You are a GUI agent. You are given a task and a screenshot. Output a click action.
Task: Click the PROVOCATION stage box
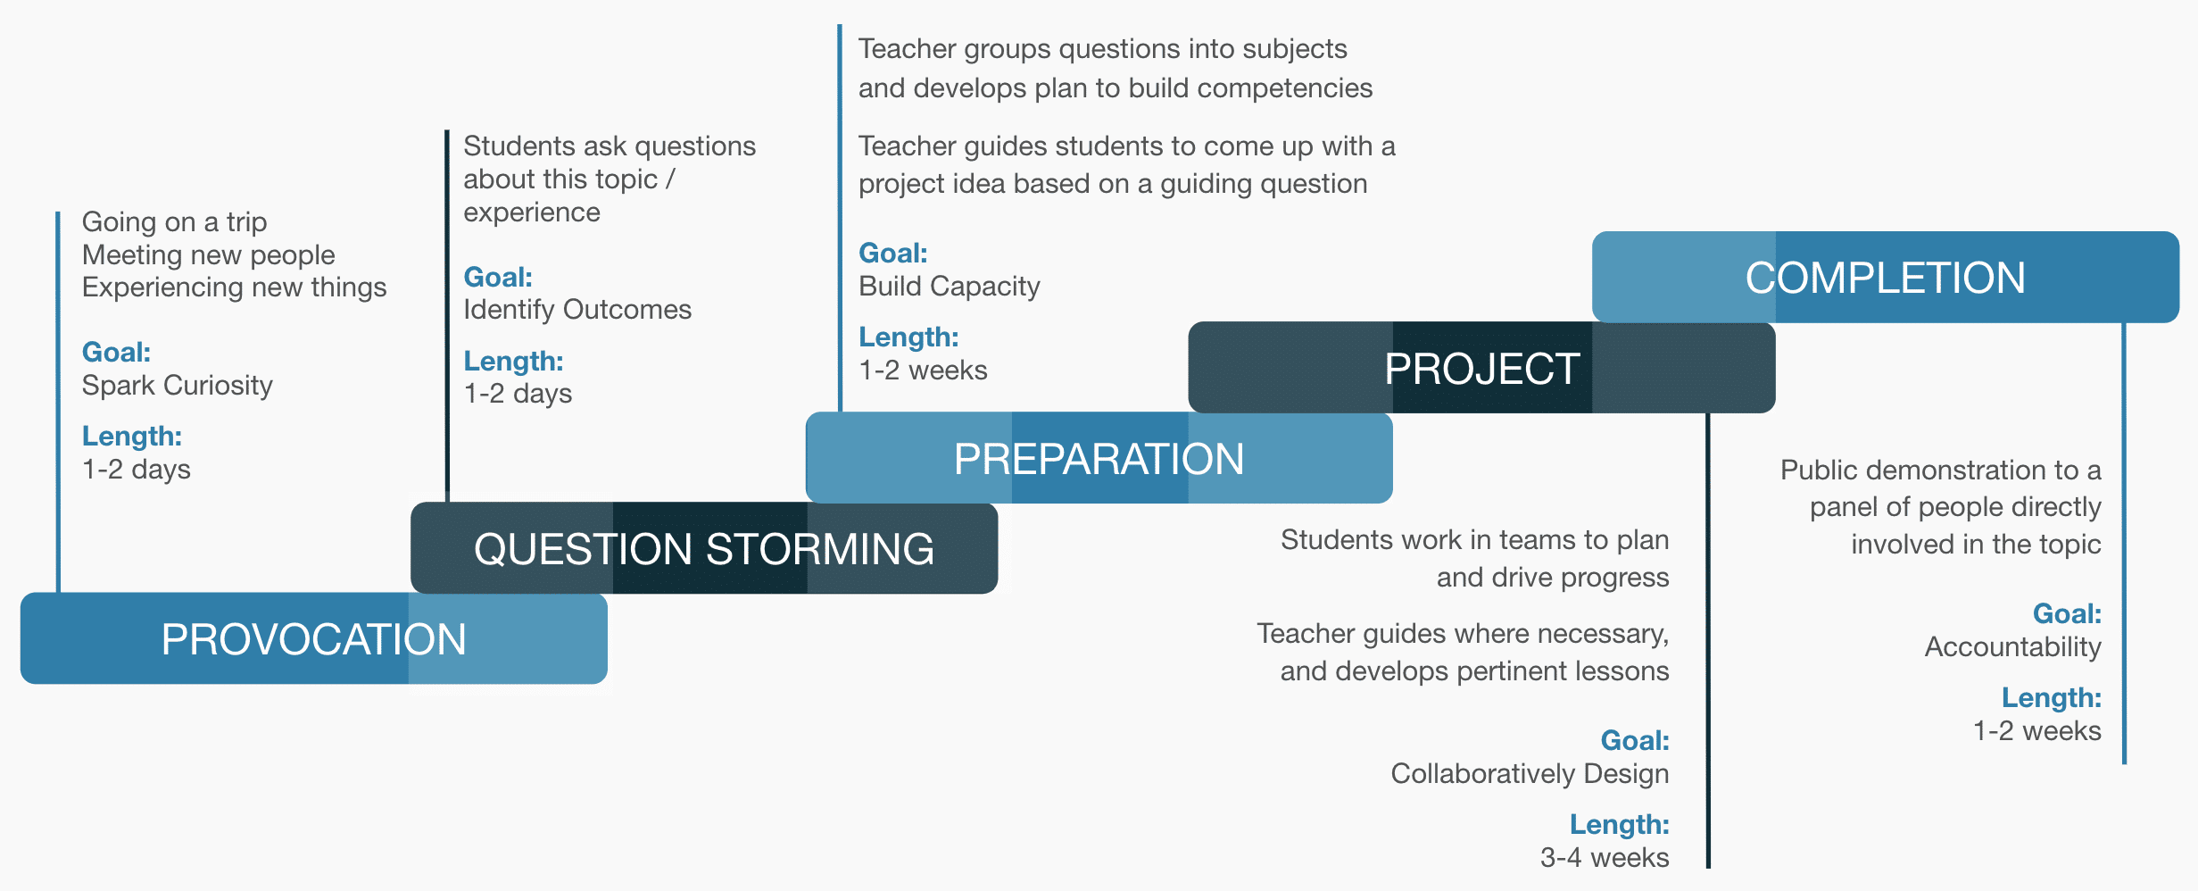pyautogui.click(x=314, y=638)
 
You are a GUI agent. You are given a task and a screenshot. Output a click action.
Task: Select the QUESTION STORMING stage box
pyautogui.click(x=704, y=548)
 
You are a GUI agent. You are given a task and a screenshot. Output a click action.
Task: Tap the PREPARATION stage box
pyautogui.click(x=1099, y=458)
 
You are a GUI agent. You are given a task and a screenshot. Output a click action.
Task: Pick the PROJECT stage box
pyautogui.click(x=1482, y=367)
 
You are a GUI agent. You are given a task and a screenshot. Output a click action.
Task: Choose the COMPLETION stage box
pyautogui.click(x=1886, y=277)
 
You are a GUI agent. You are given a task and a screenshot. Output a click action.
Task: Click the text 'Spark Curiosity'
pyautogui.click(x=178, y=386)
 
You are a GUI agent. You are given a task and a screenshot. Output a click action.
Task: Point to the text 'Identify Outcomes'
pyautogui.click(x=577, y=310)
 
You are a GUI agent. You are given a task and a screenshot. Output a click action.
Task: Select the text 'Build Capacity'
pyautogui.click(x=950, y=287)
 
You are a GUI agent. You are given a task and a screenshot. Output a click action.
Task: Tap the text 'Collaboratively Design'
pyautogui.click(x=1530, y=774)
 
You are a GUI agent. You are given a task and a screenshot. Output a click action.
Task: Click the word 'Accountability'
pyautogui.click(x=2013, y=647)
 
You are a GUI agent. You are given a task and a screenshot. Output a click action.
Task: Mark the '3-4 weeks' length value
pyautogui.click(x=1605, y=858)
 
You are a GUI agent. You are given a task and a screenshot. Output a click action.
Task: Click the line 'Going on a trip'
pyautogui.click(x=175, y=222)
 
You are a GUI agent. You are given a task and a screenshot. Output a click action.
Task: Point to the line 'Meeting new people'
pyautogui.click(x=209, y=255)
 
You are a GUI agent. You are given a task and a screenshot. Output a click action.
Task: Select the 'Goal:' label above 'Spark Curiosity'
pyautogui.click(x=117, y=352)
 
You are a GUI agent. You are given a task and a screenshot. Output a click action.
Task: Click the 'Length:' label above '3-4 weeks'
pyautogui.click(x=1620, y=825)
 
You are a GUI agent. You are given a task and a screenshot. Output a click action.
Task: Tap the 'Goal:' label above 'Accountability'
pyautogui.click(x=2067, y=613)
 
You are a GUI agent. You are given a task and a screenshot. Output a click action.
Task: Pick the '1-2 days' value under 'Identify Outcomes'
pyautogui.click(x=518, y=394)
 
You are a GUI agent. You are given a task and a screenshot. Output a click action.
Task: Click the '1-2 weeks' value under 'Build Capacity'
pyautogui.click(x=923, y=371)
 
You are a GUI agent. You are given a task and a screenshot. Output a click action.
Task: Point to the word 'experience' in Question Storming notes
pyautogui.click(x=532, y=213)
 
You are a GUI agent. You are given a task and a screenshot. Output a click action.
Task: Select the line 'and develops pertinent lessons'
pyautogui.click(x=1474, y=671)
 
